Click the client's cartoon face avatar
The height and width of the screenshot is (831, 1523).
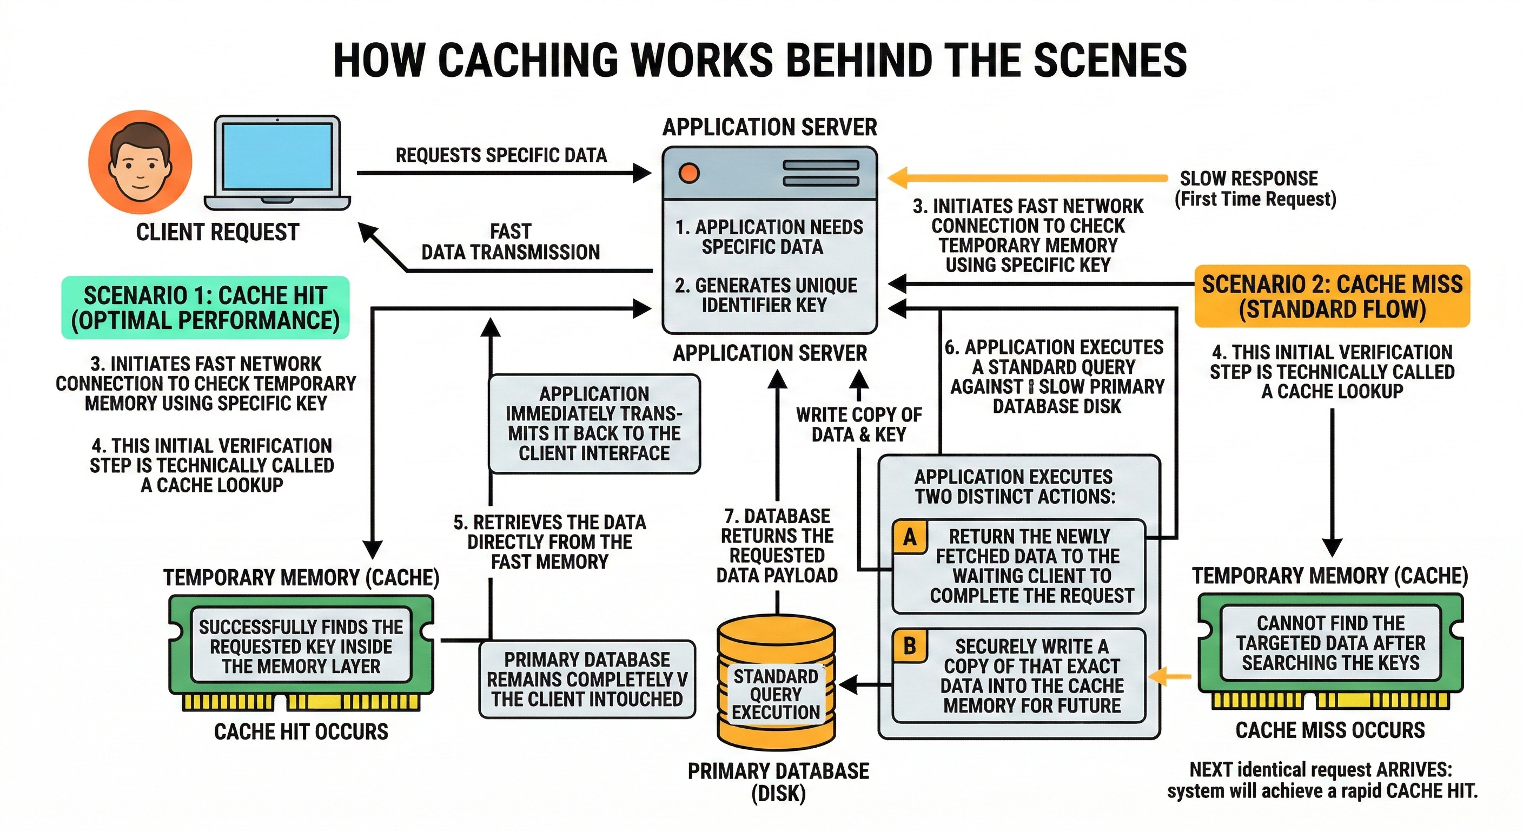[140, 161]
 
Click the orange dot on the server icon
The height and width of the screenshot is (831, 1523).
[689, 173]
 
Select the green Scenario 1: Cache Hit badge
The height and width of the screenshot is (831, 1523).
[206, 307]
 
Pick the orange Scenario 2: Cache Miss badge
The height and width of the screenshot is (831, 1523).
[1332, 296]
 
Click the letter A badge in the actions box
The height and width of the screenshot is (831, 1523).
[910, 537]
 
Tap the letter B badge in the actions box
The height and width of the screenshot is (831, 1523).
[910, 647]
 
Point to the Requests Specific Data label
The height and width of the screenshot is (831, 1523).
[501, 155]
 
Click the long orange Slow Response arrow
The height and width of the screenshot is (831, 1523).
[1028, 177]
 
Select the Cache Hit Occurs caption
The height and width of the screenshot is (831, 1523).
[301, 731]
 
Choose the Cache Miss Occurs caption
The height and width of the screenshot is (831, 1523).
[1330, 730]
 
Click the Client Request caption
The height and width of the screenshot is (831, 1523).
[217, 232]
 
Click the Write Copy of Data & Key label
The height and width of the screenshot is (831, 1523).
[858, 425]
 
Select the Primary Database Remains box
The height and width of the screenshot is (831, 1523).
[587, 679]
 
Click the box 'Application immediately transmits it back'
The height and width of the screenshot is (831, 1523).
[594, 424]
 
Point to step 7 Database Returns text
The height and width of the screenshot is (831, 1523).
[777, 545]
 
